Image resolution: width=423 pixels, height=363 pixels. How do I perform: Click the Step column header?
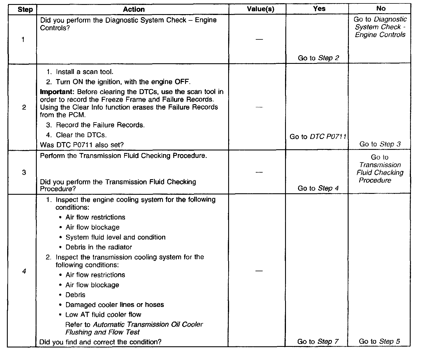[x=25, y=9]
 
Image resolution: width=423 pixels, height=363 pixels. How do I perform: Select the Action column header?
[x=134, y=9]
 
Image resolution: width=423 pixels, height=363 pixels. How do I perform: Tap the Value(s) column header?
[x=260, y=9]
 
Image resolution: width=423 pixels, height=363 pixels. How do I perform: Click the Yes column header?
[x=319, y=9]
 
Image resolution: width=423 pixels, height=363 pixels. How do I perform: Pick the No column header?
[x=381, y=9]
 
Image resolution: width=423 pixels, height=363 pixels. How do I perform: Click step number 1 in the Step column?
[x=23, y=40]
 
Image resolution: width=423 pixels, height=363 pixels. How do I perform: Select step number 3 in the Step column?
[x=24, y=172]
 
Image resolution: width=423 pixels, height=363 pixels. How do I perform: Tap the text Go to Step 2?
[x=318, y=58]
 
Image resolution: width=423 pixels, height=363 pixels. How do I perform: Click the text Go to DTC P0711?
[x=318, y=137]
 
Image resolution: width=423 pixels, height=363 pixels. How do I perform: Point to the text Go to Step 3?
[x=380, y=144]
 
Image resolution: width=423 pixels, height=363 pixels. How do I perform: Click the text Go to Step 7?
[x=318, y=342]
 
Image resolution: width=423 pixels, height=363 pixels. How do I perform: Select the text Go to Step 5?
[x=379, y=341]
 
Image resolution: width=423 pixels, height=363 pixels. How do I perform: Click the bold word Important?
[x=57, y=92]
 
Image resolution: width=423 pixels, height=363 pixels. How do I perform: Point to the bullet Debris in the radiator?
[x=99, y=247]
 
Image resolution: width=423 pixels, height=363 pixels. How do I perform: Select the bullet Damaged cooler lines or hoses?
[x=114, y=305]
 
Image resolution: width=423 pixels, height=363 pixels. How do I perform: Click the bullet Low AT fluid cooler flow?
[x=103, y=314]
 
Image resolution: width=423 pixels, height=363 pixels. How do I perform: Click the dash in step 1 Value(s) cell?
[x=259, y=39]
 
